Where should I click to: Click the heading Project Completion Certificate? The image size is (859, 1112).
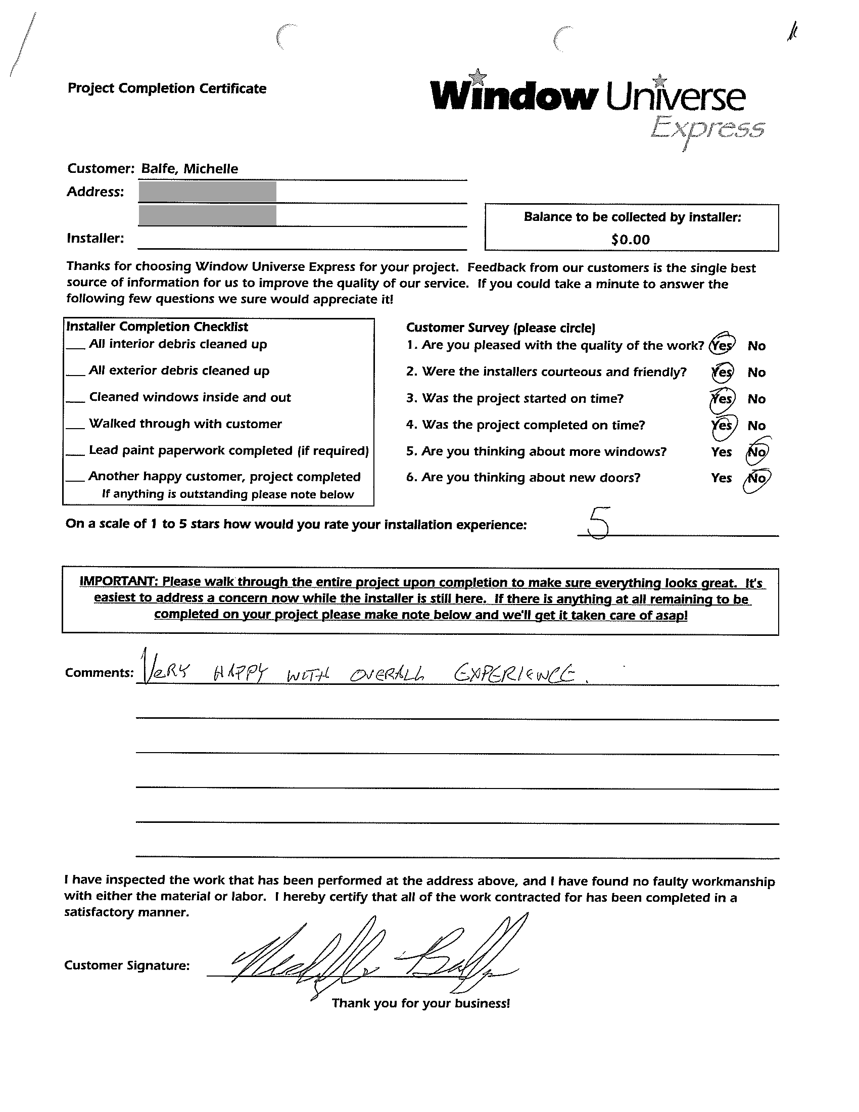coord(167,88)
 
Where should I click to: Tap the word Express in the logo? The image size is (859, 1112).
coord(707,129)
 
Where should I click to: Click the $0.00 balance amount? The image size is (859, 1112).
coord(631,240)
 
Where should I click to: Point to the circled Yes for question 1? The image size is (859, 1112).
coord(722,345)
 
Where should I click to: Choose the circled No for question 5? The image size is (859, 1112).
coord(757,451)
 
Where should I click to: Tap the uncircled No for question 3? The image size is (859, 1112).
coord(756,399)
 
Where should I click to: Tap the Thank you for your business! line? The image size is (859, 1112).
coord(421,1003)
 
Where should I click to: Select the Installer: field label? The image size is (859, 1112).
coord(95,238)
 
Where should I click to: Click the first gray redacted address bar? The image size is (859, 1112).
coord(208,192)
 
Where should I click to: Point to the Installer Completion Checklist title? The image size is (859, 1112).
coord(157,327)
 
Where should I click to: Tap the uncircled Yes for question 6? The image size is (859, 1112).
coord(721,478)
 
